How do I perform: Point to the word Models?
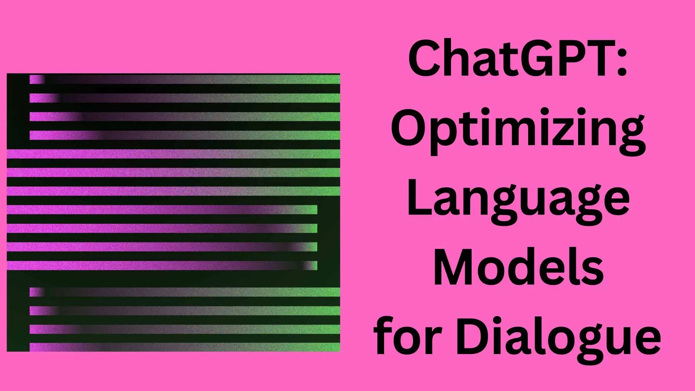(x=518, y=266)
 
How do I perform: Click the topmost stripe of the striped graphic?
(x=185, y=79)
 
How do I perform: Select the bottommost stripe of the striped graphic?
(x=185, y=347)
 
